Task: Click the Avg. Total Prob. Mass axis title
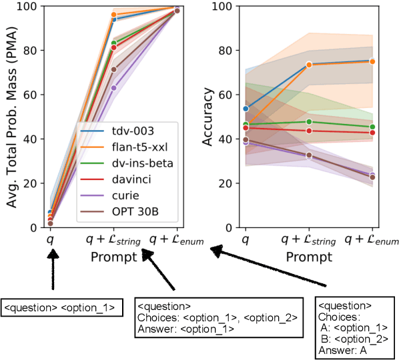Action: pyautogui.click(x=12, y=117)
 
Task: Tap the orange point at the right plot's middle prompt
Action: pyautogui.click(x=309, y=65)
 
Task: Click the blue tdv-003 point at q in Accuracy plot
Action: pyautogui.click(x=246, y=109)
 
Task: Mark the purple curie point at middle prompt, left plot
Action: pyautogui.click(x=113, y=88)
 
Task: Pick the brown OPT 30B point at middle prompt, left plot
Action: pyautogui.click(x=113, y=69)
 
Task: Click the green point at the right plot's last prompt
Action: pyautogui.click(x=372, y=127)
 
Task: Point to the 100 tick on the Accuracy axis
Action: pyautogui.click(x=225, y=7)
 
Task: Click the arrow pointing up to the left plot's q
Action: pyautogui.click(x=52, y=271)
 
